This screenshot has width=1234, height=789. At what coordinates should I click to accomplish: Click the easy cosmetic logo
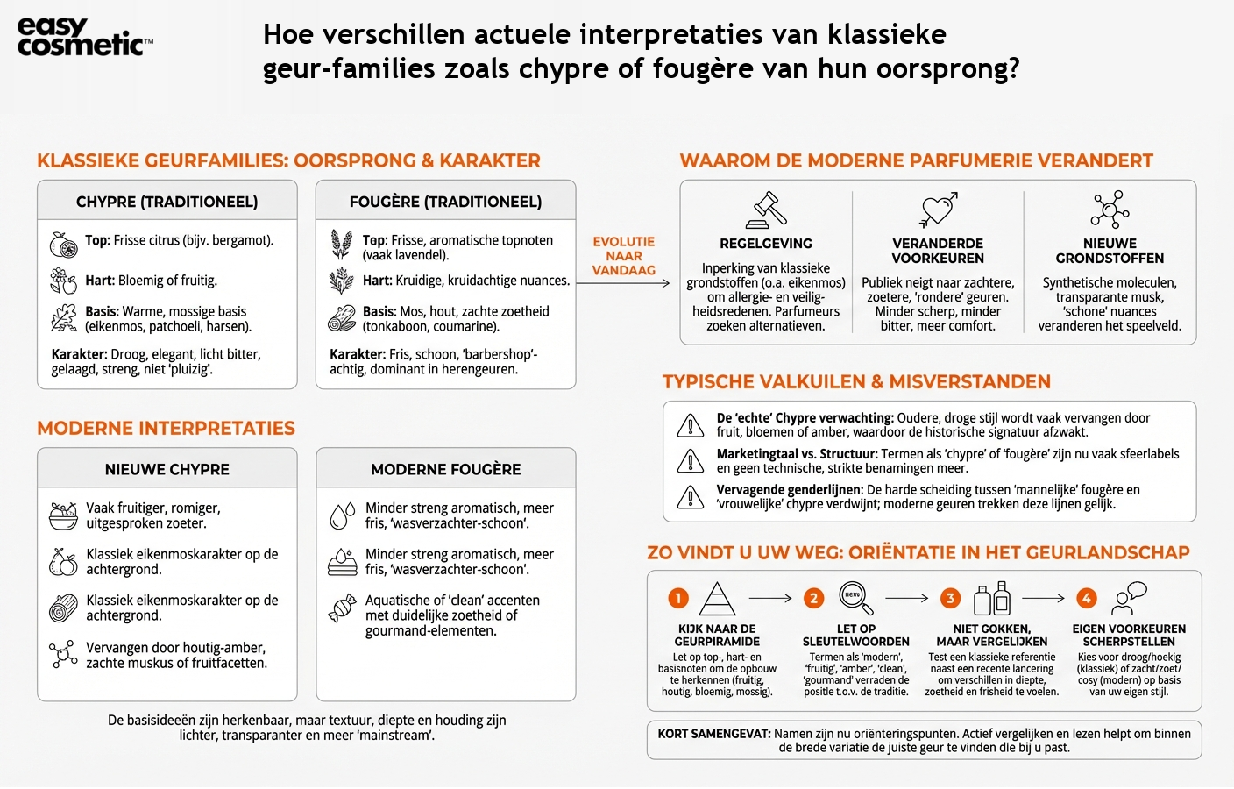[x=84, y=38]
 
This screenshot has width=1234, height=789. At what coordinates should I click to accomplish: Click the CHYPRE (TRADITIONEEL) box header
[x=167, y=202]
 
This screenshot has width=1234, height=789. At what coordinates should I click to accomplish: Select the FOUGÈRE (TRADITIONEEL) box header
[x=445, y=202]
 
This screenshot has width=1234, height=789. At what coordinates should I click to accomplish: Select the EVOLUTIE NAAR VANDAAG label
[x=623, y=256]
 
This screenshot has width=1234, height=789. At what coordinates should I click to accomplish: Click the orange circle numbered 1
[x=678, y=598]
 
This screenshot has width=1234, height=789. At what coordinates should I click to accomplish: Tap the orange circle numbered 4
[x=1086, y=598]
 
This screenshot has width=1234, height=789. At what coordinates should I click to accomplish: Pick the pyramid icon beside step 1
[x=717, y=599]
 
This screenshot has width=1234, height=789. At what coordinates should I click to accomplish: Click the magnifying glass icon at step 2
[x=855, y=598]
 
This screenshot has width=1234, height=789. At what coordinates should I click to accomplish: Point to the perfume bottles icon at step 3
[x=992, y=599]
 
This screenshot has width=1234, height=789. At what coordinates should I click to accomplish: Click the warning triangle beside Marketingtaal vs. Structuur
[x=691, y=461]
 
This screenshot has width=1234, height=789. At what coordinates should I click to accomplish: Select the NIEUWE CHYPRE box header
[x=167, y=469]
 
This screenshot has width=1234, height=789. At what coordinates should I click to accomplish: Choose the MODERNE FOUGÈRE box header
[x=445, y=469]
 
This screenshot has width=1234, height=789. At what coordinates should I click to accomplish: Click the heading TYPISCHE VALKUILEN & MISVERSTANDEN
[x=855, y=382]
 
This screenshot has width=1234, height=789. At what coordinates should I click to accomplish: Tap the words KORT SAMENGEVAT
[x=713, y=734]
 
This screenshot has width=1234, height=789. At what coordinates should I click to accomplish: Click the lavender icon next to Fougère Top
[x=341, y=244]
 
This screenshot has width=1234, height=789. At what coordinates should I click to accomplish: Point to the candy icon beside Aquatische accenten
[x=341, y=608]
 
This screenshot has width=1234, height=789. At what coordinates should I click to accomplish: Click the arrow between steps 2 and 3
[x=906, y=599]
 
